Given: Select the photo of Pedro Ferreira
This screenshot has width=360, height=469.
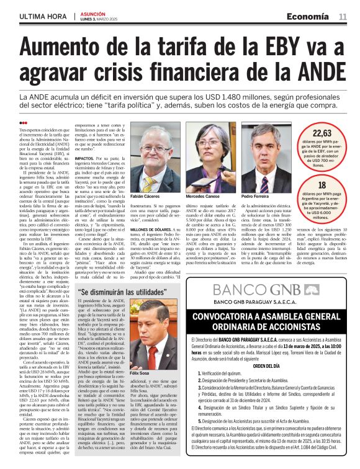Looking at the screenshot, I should [x=258, y=167].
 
